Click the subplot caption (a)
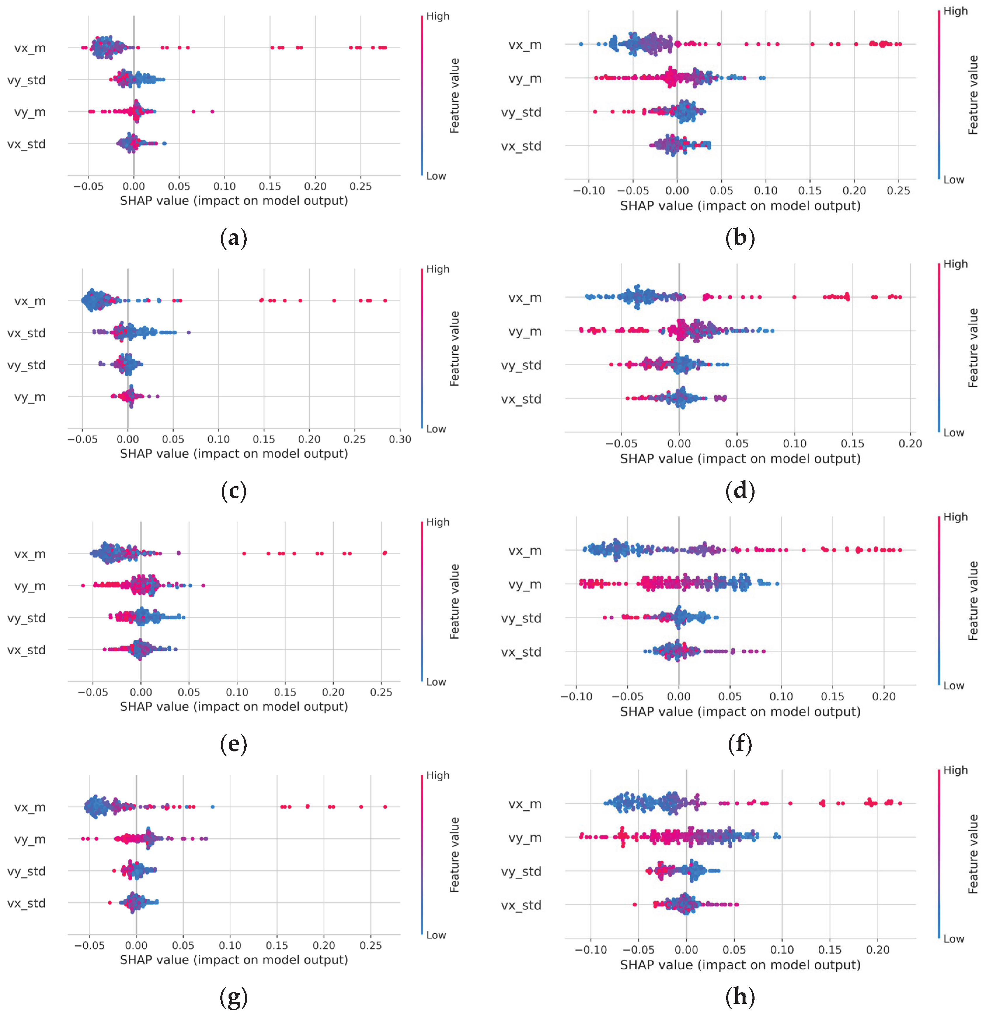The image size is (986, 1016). [x=234, y=238]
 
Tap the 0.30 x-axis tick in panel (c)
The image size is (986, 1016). [x=400, y=439]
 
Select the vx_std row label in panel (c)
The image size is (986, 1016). [x=27, y=333]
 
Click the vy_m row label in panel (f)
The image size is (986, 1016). [x=525, y=584]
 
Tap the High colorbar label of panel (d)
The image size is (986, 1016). [x=955, y=264]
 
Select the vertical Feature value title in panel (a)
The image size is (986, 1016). [x=454, y=96]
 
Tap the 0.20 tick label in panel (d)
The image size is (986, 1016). [x=910, y=444]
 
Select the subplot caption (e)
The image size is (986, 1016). [x=234, y=744]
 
